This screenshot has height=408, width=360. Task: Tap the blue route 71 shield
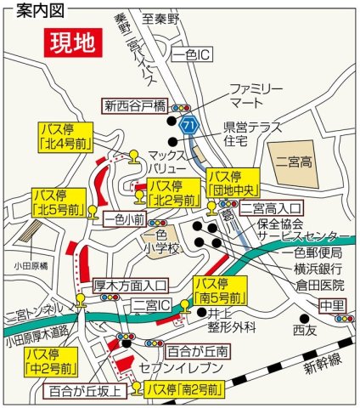(x=194, y=125)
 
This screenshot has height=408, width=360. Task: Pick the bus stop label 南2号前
(x=183, y=389)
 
